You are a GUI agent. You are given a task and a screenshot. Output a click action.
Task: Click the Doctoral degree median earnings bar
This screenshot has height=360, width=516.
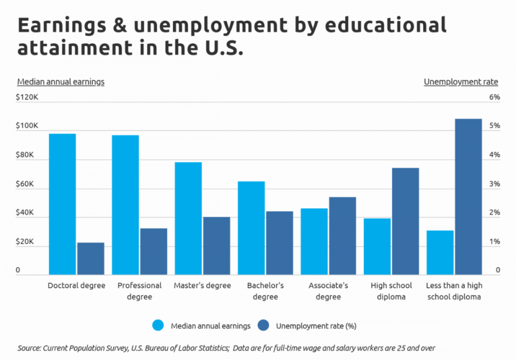click(62, 204)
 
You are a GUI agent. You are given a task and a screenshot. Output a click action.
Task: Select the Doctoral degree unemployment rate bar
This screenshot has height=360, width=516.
click(91, 258)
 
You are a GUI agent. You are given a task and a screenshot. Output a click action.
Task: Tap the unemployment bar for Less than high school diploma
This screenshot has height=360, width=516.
click(469, 197)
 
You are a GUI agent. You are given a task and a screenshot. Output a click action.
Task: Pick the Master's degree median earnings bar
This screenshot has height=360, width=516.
click(188, 218)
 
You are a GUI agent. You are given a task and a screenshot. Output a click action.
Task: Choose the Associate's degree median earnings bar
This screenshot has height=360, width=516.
click(314, 241)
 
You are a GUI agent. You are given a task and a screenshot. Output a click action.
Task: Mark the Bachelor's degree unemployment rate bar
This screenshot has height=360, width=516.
click(280, 242)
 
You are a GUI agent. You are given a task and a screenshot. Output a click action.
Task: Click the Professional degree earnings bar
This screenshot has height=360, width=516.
click(125, 205)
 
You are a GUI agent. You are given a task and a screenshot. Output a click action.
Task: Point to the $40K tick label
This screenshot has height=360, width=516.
click(26, 213)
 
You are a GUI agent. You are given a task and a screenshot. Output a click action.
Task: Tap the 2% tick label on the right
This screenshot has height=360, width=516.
click(494, 213)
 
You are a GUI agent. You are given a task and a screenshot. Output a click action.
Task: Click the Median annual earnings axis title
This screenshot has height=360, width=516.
click(61, 81)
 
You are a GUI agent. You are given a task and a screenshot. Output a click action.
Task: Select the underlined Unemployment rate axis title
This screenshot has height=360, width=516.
click(461, 81)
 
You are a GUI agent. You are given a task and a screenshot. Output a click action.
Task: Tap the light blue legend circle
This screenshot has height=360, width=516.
click(158, 325)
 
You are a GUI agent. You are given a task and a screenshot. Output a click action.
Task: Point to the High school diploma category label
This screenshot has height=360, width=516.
click(391, 291)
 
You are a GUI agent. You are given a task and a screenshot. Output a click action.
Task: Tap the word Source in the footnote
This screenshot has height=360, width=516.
click(28, 348)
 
